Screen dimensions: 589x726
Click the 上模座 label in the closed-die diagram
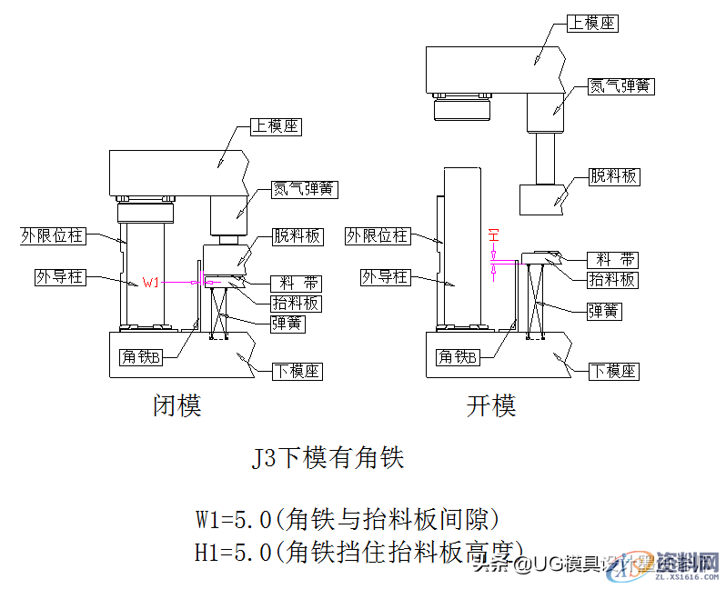pos(276,127)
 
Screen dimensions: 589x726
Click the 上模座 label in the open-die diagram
pos(591,24)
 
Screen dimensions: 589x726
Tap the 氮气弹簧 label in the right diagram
pos(621,86)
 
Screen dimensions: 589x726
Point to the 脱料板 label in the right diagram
pos(613,176)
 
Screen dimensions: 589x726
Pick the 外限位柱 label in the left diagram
pos(52,236)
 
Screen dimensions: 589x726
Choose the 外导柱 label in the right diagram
pos(383,276)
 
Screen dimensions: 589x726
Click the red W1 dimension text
pos(151,283)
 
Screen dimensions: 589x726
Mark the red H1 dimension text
pos(494,235)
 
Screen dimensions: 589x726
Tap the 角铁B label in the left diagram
pos(141,357)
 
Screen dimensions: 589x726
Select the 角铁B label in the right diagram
pos(457,357)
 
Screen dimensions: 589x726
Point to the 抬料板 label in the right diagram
pos(611,280)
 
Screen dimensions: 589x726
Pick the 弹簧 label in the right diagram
pos(603,311)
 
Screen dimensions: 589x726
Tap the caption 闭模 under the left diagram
pos(176,405)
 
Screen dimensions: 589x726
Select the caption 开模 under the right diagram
pos(491,405)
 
